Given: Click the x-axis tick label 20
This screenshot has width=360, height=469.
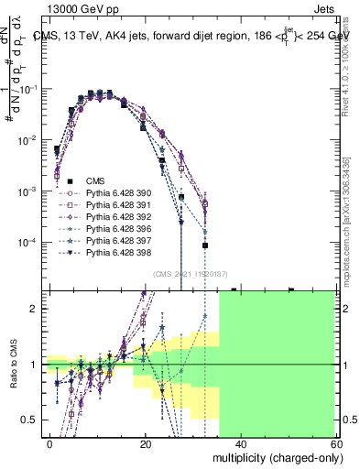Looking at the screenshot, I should click(146, 442).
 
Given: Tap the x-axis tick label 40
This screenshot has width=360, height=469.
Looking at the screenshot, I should click(241, 442).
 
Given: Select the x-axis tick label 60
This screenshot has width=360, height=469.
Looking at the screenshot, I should click(335, 442).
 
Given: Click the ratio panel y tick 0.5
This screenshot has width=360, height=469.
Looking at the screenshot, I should click(33, 420).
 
